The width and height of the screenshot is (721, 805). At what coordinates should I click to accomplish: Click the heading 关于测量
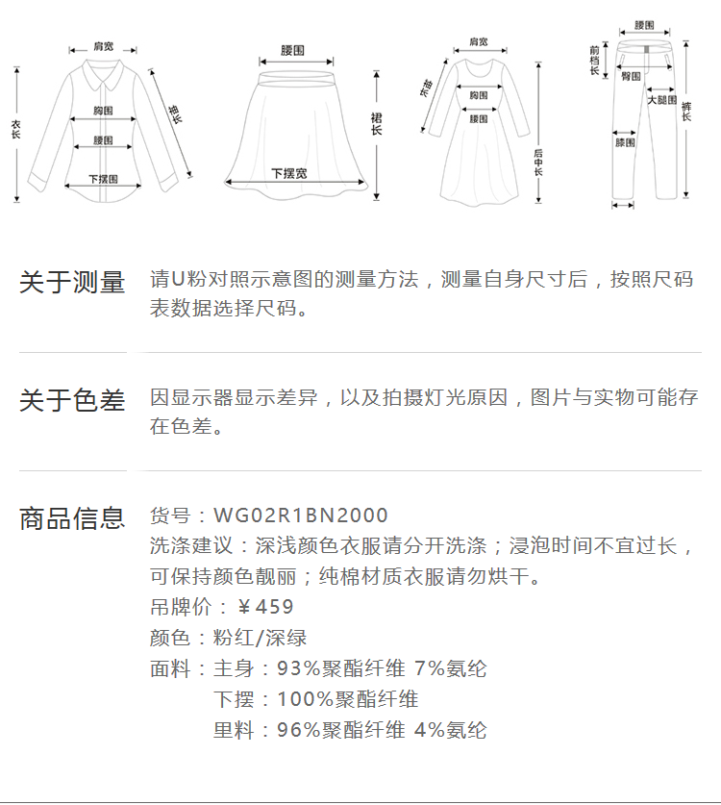(72, 283)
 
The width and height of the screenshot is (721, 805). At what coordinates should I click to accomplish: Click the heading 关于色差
(72, 400)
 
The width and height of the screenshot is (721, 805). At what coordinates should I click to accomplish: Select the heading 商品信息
(72, 518)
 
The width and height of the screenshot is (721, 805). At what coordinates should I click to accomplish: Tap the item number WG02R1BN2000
(301, 516)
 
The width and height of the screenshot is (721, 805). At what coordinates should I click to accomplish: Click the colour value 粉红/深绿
(260, 638)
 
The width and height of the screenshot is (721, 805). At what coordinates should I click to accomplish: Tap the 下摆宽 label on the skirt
(288, 173)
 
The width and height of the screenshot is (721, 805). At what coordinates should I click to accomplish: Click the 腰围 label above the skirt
(293, 49)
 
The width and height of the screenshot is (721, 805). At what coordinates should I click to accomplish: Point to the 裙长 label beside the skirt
(376, 123)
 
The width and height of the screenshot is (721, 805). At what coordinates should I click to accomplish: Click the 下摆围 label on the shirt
(103, 179)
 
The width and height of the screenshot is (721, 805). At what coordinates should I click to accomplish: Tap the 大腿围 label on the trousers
(661, 99)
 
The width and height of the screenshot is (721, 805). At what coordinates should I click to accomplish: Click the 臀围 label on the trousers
(631, 75)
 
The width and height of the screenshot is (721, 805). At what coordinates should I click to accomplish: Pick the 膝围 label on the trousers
(625, 142)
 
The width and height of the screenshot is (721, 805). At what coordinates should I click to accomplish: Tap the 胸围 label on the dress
(478, 94)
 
